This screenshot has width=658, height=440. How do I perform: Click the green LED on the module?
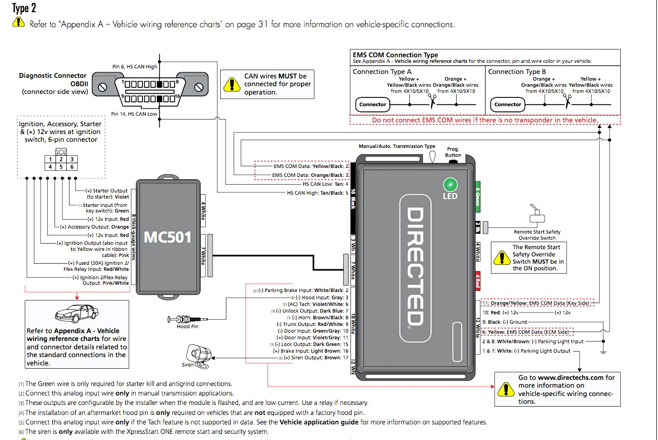(449, 185)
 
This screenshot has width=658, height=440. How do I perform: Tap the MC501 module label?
(167, 238)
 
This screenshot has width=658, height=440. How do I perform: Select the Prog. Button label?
(453, 152)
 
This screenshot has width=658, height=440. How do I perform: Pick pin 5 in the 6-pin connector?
(61, 166)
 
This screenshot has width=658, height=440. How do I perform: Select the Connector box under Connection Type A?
(373, 104)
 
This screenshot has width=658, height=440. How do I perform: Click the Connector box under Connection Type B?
(508, 104)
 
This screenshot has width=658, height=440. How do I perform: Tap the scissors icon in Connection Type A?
(432, 99)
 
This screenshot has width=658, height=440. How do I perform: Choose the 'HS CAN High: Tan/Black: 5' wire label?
(318, 193)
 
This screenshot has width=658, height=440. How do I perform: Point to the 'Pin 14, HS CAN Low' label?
(134, 114)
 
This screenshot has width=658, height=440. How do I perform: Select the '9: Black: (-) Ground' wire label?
(504, 322)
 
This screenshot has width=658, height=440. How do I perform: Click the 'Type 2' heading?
(24, 8)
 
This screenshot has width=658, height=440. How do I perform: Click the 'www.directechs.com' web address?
(570, 377)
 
